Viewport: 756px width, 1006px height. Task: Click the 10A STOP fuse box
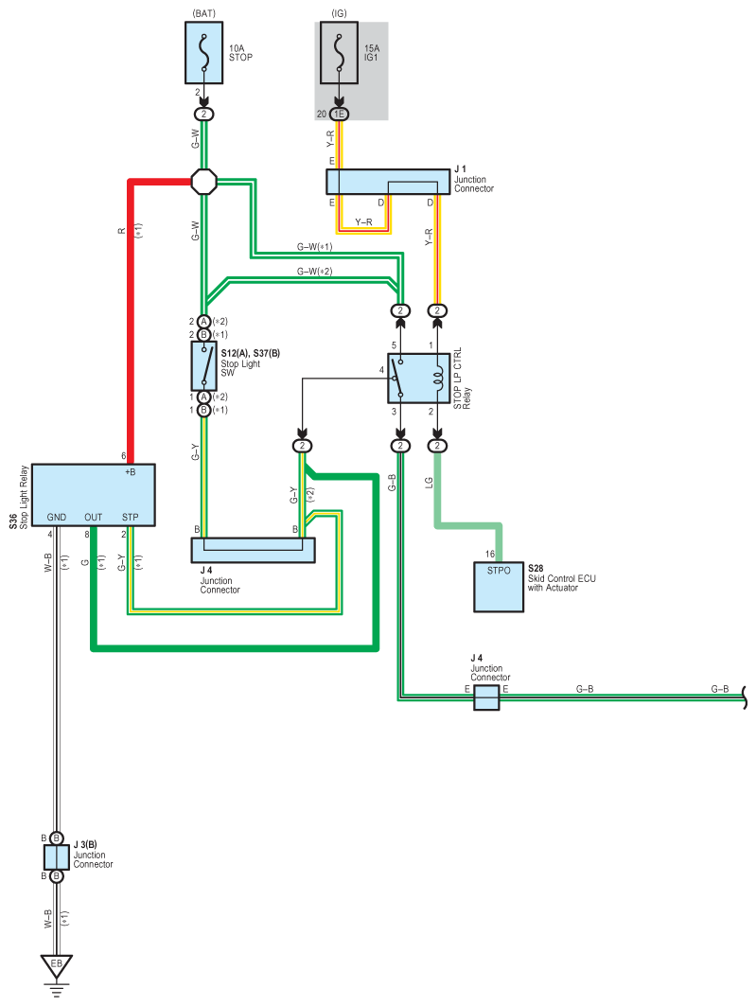[204, 53]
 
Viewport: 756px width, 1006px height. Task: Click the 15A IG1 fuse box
[339, 53]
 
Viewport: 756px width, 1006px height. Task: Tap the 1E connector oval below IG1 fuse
[339, 115]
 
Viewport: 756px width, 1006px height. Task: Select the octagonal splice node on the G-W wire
[204, 182]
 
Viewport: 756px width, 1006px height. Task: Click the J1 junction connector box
[388, 182]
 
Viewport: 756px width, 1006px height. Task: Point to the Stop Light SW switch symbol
[204, 365]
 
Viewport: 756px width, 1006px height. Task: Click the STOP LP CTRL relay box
[419, 379]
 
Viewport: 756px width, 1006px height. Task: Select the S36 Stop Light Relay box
[93, 495]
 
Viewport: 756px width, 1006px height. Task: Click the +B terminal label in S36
[131, 472]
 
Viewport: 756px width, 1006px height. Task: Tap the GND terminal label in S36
[57, 517]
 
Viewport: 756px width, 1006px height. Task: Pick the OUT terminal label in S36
[93, 517]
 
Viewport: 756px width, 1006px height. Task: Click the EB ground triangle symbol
[57, 966]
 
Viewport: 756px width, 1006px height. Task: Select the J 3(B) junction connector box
[57, 857]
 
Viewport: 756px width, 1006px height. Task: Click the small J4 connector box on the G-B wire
[486, 697]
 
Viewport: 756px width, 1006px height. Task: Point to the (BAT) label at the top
[204, 13]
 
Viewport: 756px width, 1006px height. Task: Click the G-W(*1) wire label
[315, 247]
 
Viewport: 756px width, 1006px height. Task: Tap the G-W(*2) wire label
[315, 272]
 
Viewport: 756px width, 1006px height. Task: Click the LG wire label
[429, 483]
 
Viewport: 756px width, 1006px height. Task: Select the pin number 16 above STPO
[490, 554]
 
